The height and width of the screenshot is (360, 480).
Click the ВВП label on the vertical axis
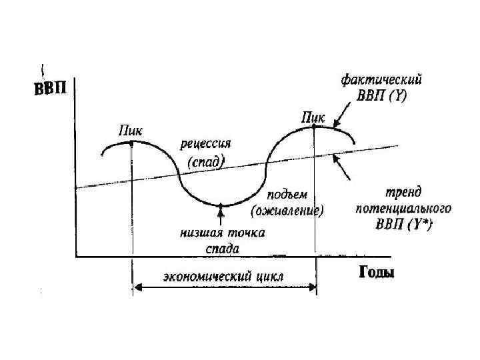pos(50,89)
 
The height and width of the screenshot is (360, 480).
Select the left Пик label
pos(129,130)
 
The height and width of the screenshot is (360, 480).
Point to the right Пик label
pos(313,118)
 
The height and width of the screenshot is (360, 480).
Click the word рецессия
pos(205,144)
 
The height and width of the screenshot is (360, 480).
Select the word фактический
pos(382,80)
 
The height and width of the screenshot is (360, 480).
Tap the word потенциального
pos(403,209)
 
